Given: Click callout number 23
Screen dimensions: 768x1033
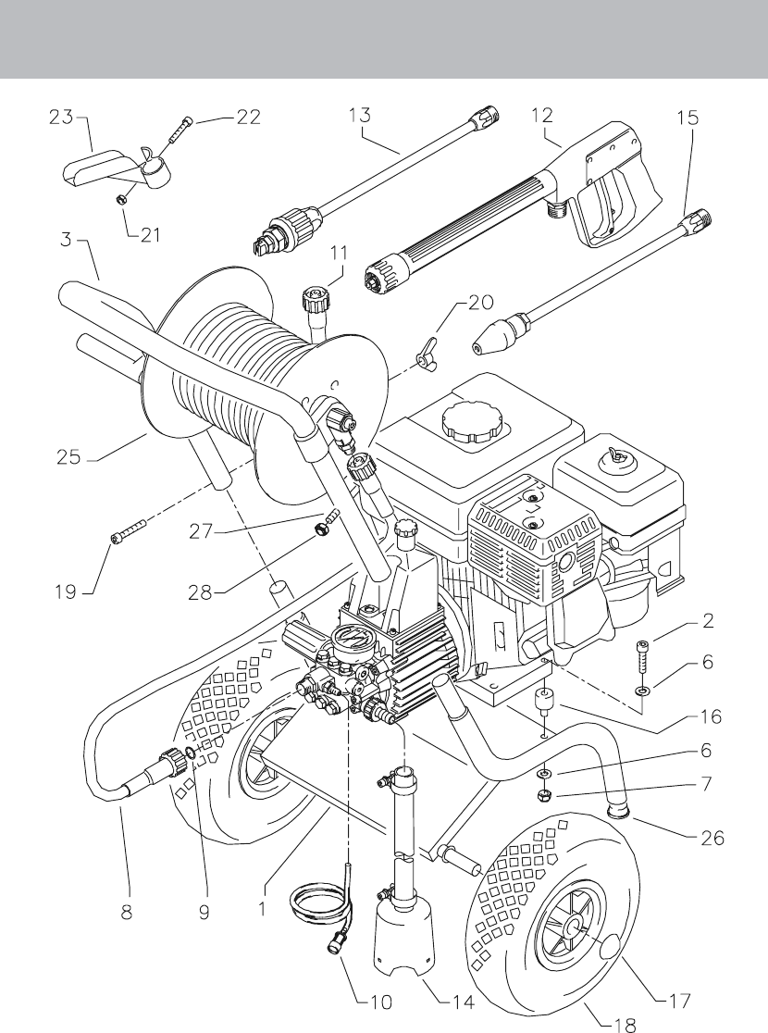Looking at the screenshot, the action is click(x=60, y=118).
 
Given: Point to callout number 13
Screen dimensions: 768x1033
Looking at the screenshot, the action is click(x=360, y=116).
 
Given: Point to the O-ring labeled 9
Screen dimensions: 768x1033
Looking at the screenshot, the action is click(x=190, y=753).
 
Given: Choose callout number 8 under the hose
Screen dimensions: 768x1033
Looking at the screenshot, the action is click(x=126, y=913).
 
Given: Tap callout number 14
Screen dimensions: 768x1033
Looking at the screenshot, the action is click(x=463, y=1002).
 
